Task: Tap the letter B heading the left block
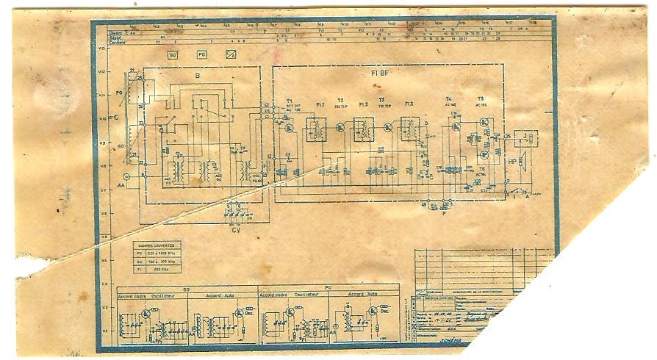coord(197,76)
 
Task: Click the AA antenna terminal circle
coord(126,177)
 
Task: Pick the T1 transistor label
coord(289,99)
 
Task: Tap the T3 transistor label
coord(381,99)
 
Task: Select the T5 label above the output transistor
coord(481,99)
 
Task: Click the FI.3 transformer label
coord(409,104)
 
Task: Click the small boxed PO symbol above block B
coord(201,54)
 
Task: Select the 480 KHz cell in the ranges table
coord(160,270)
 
